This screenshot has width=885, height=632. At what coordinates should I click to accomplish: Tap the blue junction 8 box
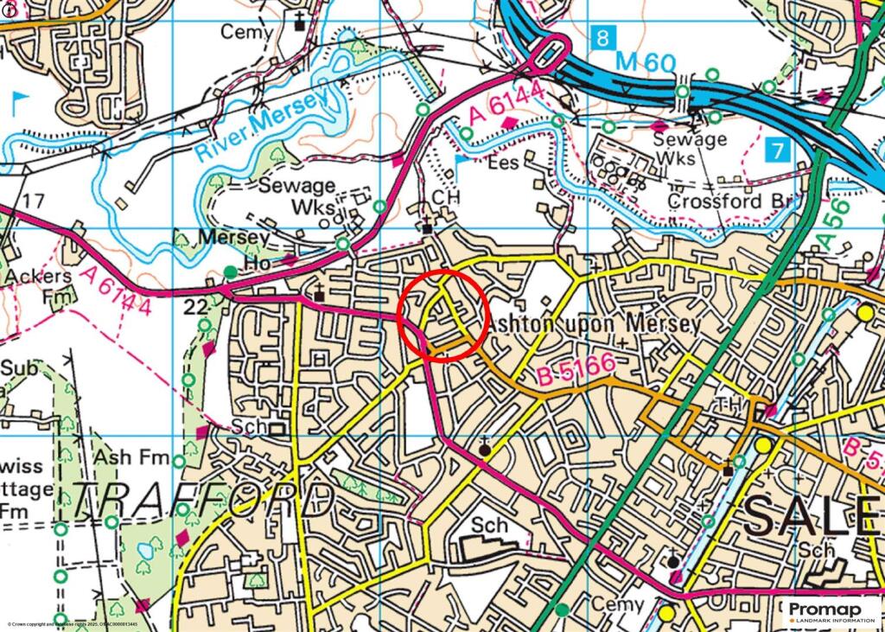click(x=603, y=37)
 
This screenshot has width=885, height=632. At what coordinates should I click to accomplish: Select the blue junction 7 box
click(x=778, y=150)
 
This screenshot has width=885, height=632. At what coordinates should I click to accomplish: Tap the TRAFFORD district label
click(x=202, y=501)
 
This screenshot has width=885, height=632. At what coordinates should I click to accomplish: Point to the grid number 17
click(x=33, y=201)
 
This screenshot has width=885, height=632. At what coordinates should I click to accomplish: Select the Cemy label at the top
click(x=246, y=32)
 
